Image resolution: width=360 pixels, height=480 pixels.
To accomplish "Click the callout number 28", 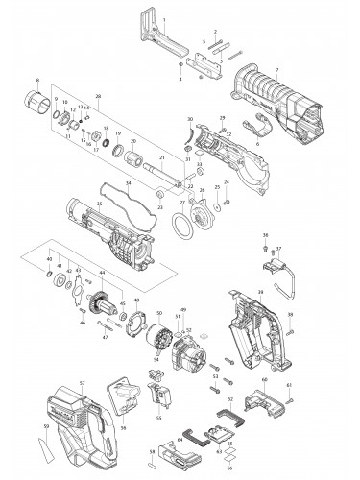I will point(98,97).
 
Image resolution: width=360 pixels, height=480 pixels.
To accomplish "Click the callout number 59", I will point(45,427).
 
